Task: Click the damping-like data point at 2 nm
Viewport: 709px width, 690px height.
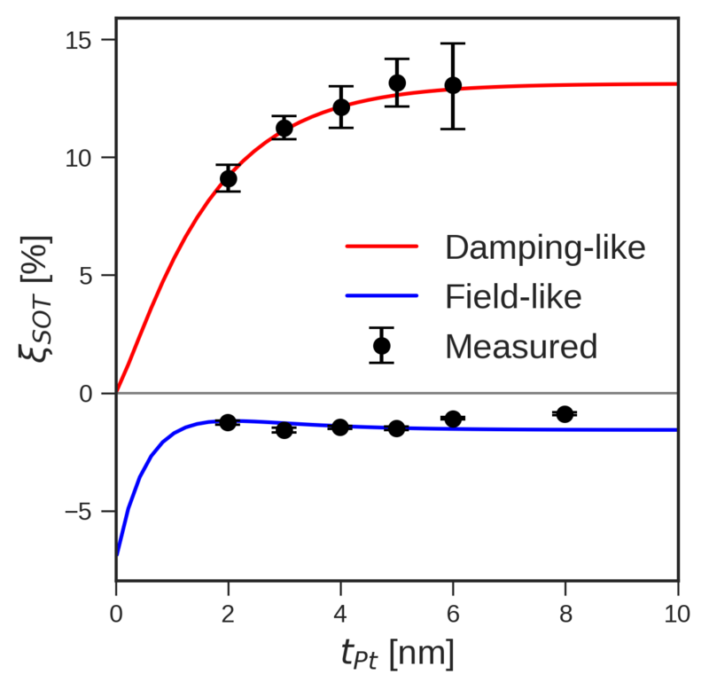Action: coord(229,178)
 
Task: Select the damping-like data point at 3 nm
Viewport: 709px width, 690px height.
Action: coord(284,128)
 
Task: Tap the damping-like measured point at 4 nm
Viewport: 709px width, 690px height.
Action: coord(341,107)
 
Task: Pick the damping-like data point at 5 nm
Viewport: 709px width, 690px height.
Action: coord(397,82)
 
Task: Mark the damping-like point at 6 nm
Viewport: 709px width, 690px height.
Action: coord(453,85)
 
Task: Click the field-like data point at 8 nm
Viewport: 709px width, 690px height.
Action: coord(565,414)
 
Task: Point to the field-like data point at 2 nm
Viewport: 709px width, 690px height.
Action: coord(229,422)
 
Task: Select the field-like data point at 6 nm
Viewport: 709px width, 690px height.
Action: coord(453,419)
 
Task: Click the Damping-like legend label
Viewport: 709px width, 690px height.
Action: coord(545,247)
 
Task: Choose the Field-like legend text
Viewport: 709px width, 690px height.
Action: coord(513,296)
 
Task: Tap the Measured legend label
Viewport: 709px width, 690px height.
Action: coord(521,346)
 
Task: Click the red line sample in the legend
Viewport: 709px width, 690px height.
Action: coord(381,247)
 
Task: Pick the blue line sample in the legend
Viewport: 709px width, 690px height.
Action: coord(381,296)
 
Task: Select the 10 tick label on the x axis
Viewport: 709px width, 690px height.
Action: coord(677,612)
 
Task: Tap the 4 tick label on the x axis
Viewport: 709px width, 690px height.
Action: coord(341,612)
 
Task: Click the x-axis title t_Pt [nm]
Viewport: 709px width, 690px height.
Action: coord(397,655)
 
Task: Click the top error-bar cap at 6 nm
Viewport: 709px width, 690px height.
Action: coord(453,43)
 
